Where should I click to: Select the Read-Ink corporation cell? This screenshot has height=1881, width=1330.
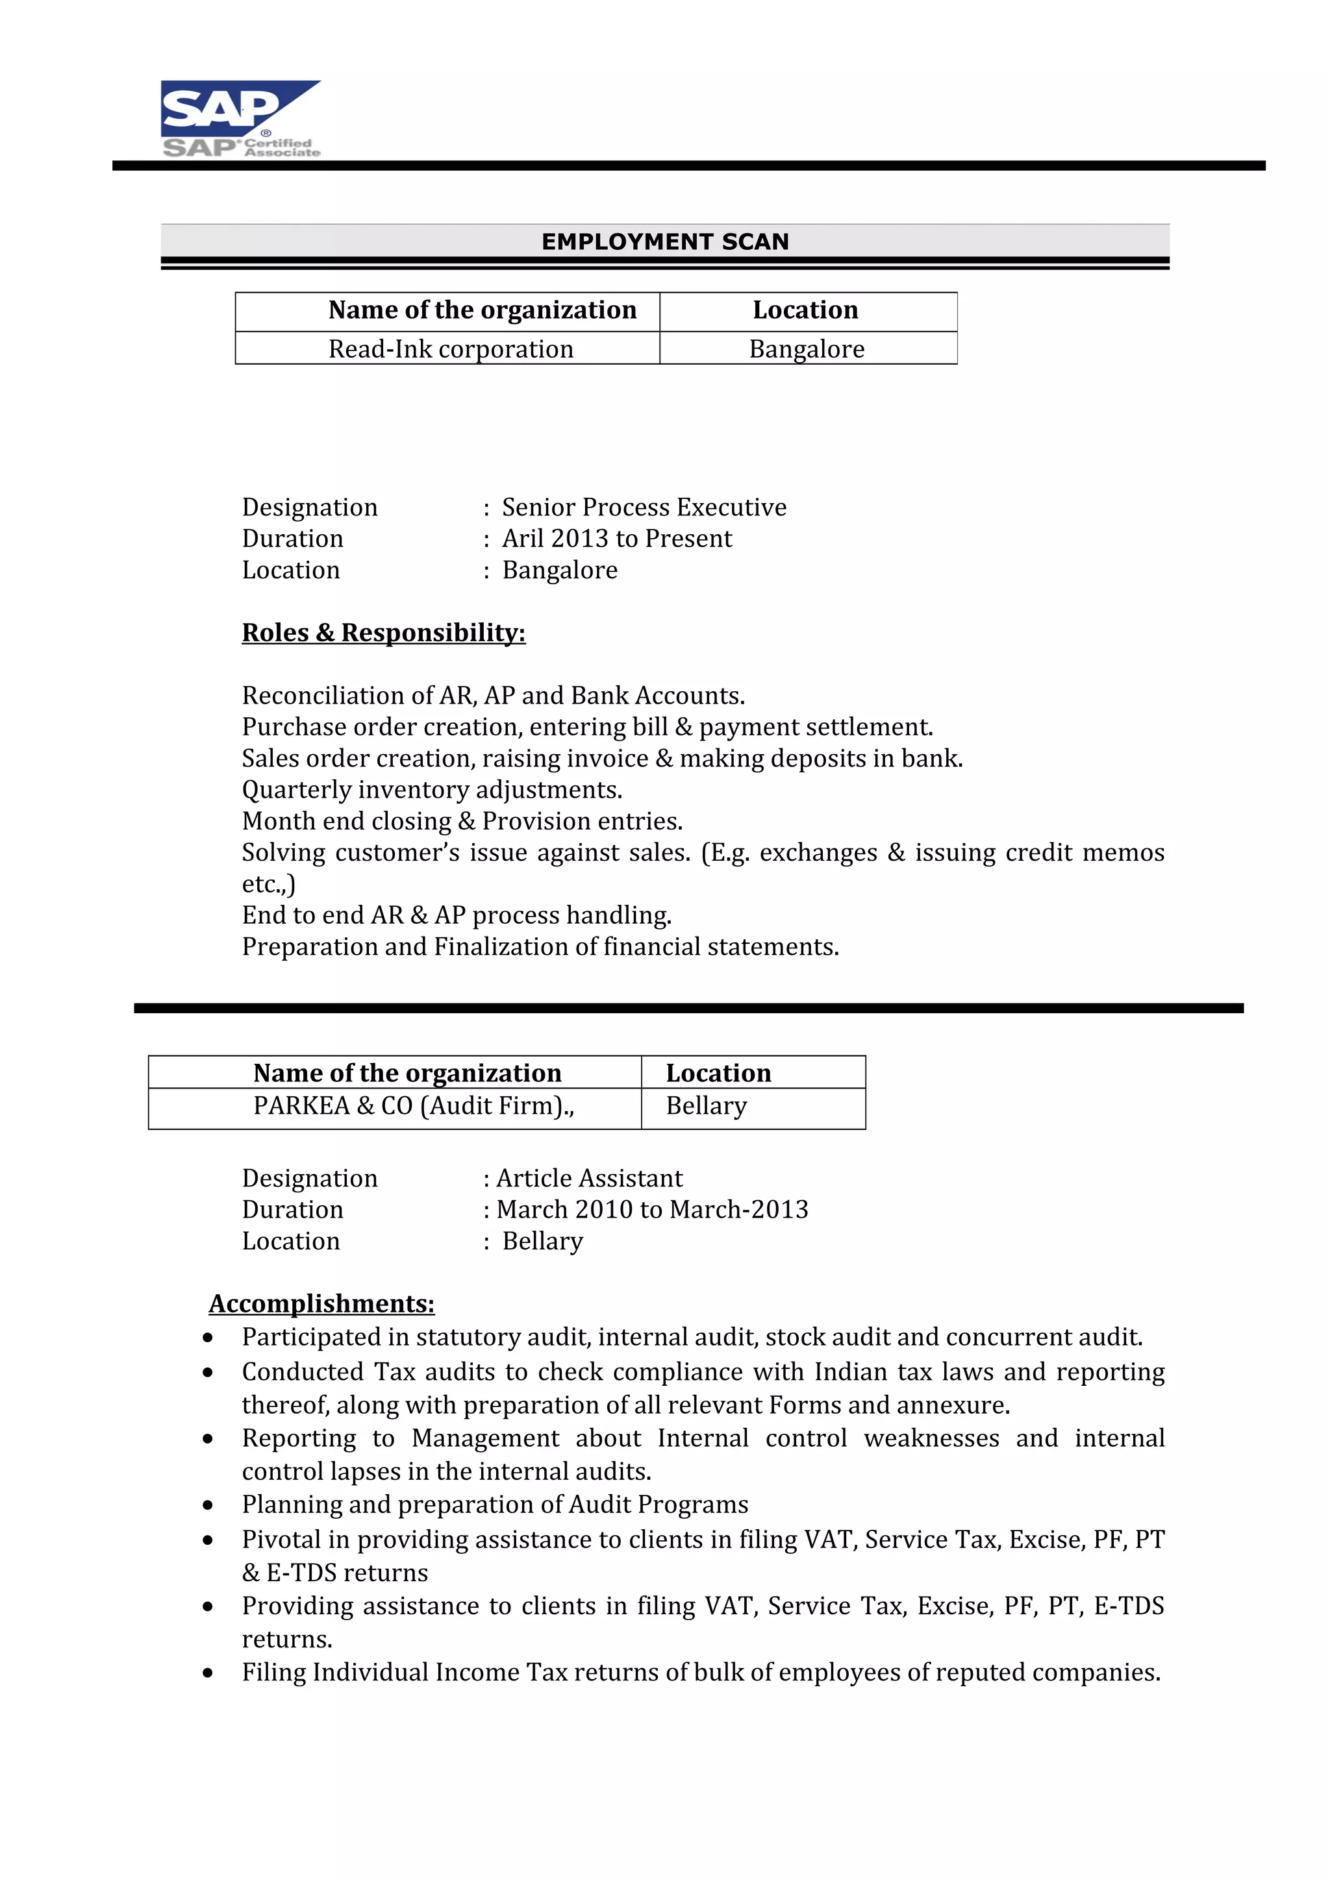click(450, 349)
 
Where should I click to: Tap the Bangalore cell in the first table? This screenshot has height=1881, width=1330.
click(807, 349)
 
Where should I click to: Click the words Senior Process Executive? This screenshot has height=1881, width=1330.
click(644, 507)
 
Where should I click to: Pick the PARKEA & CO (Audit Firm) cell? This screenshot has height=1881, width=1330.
click(413, 1106)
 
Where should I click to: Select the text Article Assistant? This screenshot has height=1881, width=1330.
click(589, 1178)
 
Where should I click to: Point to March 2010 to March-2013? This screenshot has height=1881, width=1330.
click(651, 1209)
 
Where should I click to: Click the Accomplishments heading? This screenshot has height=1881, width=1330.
click(321, 1303)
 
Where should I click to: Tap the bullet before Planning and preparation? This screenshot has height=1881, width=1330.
click(208, 1505)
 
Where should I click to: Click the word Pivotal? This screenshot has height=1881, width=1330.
click(281, 1540)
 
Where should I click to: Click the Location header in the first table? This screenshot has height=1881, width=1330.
click(805, 310)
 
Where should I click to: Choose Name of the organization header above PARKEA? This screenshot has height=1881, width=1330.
click(407, 1072)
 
